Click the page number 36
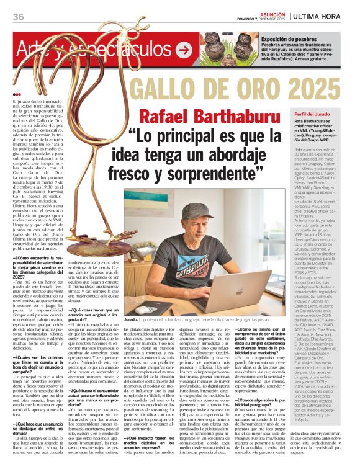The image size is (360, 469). click(17, 16)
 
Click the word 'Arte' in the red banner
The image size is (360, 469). click(32, 48)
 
